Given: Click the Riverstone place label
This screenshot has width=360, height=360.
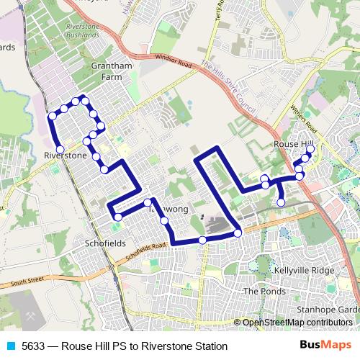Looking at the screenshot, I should pos(66,155).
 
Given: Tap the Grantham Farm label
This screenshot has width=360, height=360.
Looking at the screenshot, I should pos(112,71).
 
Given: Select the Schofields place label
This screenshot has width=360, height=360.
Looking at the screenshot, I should pos(104,243).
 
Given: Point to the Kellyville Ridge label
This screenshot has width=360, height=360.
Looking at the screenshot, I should pos(305,270).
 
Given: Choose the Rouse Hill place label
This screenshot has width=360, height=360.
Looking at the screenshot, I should pos(292,145).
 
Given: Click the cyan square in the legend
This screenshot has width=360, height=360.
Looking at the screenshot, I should pos(9,346).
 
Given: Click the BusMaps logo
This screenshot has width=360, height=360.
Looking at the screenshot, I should pos(325,346).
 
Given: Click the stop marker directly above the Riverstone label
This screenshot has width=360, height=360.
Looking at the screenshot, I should pos(60,149).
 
